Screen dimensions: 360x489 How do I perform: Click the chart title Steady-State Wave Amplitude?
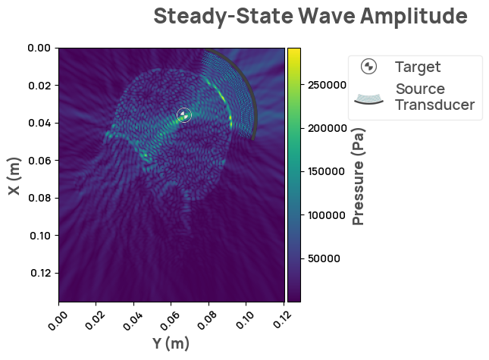click(x=309, y=16)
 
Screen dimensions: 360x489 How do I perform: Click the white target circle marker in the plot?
click(x=183, y=114)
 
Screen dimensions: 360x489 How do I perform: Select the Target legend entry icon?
click(x=368, y=67)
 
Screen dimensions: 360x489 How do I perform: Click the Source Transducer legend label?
click(x=435, y=97)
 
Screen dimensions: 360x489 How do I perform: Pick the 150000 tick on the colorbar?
click(x=323, y=172)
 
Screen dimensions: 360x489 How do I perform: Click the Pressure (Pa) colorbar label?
click(x=359, y=177)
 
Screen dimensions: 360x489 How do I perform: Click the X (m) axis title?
click(x=14, y=176)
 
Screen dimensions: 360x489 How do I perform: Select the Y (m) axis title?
click(x=171, y=343)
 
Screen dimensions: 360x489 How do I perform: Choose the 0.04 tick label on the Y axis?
click(x=132, y=316)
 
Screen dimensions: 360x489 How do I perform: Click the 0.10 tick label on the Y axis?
click(x=244, y=316)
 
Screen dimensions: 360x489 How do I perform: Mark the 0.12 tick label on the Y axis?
click(x=281, y=316)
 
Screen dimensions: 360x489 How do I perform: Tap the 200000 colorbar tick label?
click(x=323, y=129)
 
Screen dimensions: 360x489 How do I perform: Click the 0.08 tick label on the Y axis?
click(x=206, y=316)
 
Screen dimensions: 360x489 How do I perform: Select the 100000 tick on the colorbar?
click(x=323, y=215)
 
